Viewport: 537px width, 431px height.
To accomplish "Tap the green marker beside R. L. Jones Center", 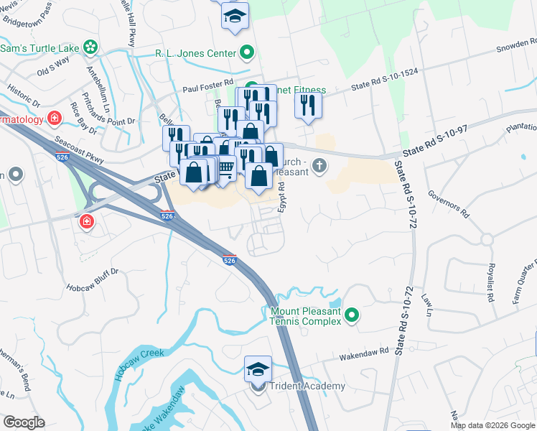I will coord(247,52).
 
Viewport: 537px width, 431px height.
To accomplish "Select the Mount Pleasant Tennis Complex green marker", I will coord(352,315).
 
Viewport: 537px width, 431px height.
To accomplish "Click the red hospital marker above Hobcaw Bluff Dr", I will coord(87,221).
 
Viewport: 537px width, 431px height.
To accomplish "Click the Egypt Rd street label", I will coord(282,195).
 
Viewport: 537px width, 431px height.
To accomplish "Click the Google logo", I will coord(24,422).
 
